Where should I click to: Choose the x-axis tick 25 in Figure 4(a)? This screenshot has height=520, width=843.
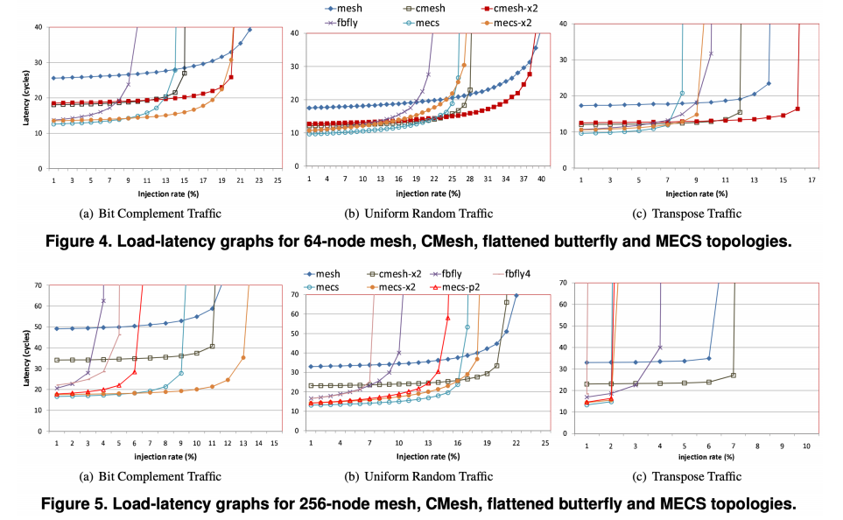coord(277,179)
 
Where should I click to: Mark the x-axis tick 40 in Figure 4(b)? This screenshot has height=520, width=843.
coord(541,179)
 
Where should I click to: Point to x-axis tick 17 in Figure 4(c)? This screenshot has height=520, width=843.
coord(812,179)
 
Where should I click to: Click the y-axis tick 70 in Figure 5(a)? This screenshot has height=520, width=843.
coord(38,285)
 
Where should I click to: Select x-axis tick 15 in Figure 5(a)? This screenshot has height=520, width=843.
coord(274,443)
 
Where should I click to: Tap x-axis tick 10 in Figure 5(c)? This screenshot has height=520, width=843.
coord(806,445)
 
